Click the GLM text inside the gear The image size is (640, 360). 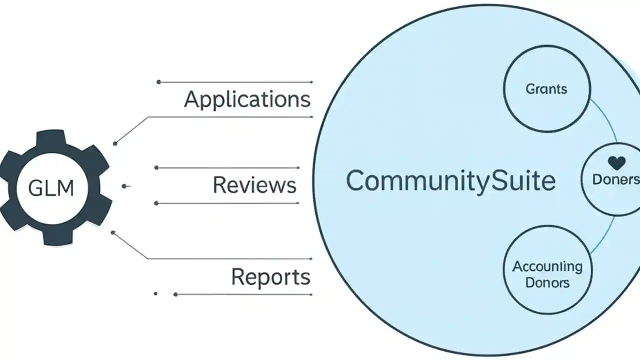pos(51,188)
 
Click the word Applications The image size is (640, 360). pos(247,99)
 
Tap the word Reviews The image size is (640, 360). pos(254,185)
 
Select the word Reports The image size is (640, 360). pos(270,276)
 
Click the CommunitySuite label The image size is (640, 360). pos(450,180)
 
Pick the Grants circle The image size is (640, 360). pos(546,89)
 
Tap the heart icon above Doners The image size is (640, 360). pos(614,163)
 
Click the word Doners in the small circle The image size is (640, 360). pos(615,179)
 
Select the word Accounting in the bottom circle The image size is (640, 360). pos(547,266)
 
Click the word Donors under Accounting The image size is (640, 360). pos(547,282)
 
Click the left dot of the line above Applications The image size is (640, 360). pos(158,82)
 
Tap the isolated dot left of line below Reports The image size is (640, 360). pos(156,294)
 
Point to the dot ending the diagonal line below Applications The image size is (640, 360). pos(115,143)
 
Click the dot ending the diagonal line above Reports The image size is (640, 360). pos(113,232)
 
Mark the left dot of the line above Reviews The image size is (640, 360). pos(156,167)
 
